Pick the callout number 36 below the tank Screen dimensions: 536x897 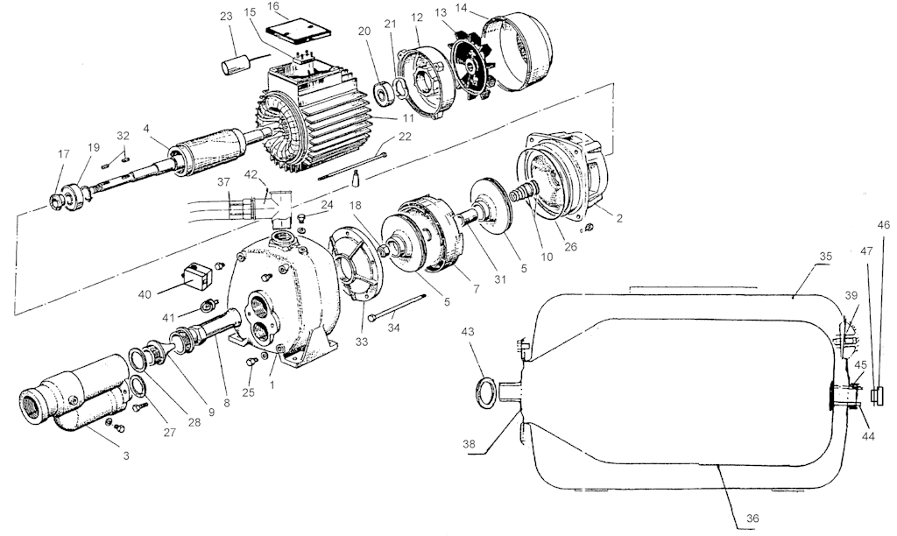tap(752, 518)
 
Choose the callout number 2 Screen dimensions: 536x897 tap(618, 219)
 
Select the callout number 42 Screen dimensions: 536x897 tap(251, 174)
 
